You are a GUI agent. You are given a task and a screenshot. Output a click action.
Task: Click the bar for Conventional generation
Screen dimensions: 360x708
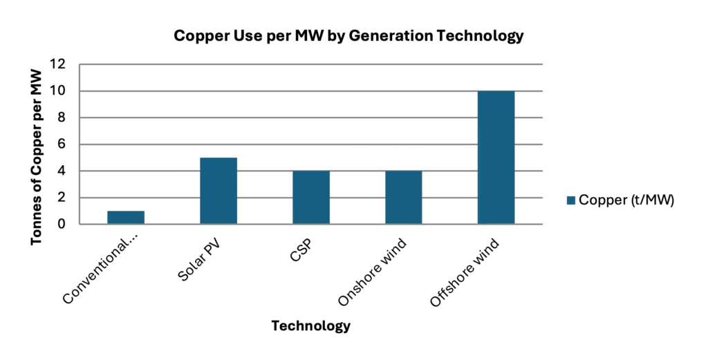pos(126,217)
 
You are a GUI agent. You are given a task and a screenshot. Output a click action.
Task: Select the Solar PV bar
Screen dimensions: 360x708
pos(218,191)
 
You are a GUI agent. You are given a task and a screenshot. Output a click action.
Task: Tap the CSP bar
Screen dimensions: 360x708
pos(311,198)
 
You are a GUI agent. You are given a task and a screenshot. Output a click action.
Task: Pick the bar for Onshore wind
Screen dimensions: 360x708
pos(404,198)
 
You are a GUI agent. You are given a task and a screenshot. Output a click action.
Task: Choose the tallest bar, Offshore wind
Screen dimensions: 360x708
pos(496,158)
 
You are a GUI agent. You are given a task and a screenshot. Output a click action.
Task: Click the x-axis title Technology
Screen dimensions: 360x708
pos(310,325)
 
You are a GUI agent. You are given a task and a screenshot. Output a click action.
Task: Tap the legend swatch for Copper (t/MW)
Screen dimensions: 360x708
pos(571,200)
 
